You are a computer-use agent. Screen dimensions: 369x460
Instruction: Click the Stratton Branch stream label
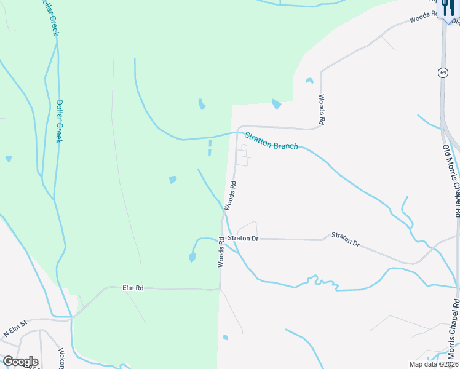(271, 141)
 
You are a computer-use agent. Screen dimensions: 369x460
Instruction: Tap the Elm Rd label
(133, 287)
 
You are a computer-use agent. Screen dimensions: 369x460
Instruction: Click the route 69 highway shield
(443, 73)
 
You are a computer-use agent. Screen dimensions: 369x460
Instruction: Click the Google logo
(20, 362)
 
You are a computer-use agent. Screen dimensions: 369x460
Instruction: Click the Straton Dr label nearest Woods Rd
(243, 238)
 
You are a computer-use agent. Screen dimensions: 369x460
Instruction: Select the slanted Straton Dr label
(345, 239)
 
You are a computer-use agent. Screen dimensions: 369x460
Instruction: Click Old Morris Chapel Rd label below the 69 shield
(452, 181)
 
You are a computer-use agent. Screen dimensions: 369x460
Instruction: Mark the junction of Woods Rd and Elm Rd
(220, 288)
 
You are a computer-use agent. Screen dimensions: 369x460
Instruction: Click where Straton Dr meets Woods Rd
(222, 238)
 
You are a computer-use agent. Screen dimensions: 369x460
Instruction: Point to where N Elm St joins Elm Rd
(72, 317)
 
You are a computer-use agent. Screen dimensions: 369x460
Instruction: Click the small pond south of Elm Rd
(225, 337)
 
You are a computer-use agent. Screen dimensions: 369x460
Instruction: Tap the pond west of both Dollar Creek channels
(9, 159)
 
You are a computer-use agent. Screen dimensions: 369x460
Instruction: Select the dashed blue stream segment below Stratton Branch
(210, 148)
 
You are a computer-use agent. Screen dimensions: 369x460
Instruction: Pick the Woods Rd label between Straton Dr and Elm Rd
(220, 253)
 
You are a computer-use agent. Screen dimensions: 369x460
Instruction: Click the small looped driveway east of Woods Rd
(244, 155)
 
